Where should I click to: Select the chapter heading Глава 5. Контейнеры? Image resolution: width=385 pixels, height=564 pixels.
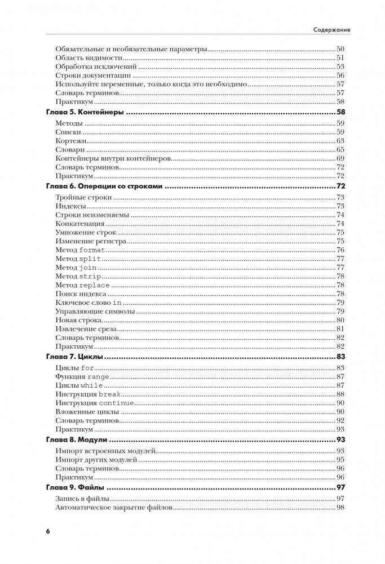(x=84, y=113)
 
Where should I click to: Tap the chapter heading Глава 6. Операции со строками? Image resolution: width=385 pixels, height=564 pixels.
(x=104, y=186)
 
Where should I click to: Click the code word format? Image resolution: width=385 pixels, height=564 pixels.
(x=92, y=250)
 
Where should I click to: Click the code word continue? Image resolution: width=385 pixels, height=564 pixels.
(x=117, y=403)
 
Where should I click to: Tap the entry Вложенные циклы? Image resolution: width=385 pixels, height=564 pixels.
(x=87, y=412)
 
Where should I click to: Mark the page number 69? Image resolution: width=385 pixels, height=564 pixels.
(x=340, y=159)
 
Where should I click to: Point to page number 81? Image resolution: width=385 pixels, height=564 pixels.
(x=340, y=328)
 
